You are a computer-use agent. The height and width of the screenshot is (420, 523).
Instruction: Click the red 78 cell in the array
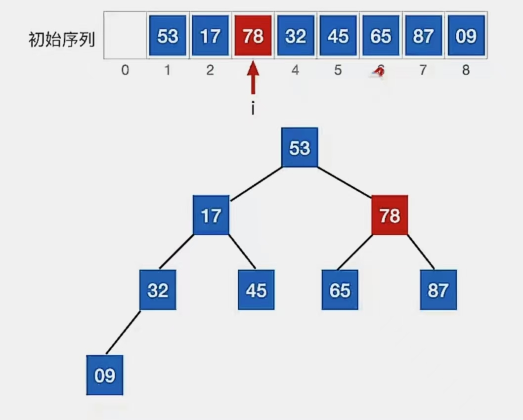coord(253,36)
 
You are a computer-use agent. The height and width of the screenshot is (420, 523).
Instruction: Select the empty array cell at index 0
coord(125,36)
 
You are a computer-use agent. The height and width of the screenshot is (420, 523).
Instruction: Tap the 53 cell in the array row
coord(167,36)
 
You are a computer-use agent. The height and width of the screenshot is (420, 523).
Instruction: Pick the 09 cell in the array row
coord(466,36)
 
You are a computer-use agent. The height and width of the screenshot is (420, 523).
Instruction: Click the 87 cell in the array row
coord(423,36)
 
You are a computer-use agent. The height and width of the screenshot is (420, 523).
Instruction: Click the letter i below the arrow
coord(253,108)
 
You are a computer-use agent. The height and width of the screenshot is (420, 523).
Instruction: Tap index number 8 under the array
coord(466,70)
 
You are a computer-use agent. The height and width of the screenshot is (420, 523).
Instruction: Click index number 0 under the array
coord(125,70)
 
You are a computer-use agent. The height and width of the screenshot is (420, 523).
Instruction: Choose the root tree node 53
coord(300,148)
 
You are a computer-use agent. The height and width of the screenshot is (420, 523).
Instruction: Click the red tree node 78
coord(390,215)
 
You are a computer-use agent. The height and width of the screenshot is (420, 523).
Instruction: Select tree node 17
coord(211,215)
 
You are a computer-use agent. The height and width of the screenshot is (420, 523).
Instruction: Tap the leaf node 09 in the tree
coord(104,375)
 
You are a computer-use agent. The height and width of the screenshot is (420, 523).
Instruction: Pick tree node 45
coord(256,290)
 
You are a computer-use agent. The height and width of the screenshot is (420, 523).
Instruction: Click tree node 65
coord(340,290)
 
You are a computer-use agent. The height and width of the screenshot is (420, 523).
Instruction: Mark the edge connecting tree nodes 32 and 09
coord(123,332)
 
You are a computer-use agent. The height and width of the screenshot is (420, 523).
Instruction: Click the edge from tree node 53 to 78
coord(345,181)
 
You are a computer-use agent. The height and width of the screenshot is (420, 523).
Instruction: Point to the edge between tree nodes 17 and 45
coord(243,252)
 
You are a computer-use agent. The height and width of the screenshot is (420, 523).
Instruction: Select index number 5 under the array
coord(338,70)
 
